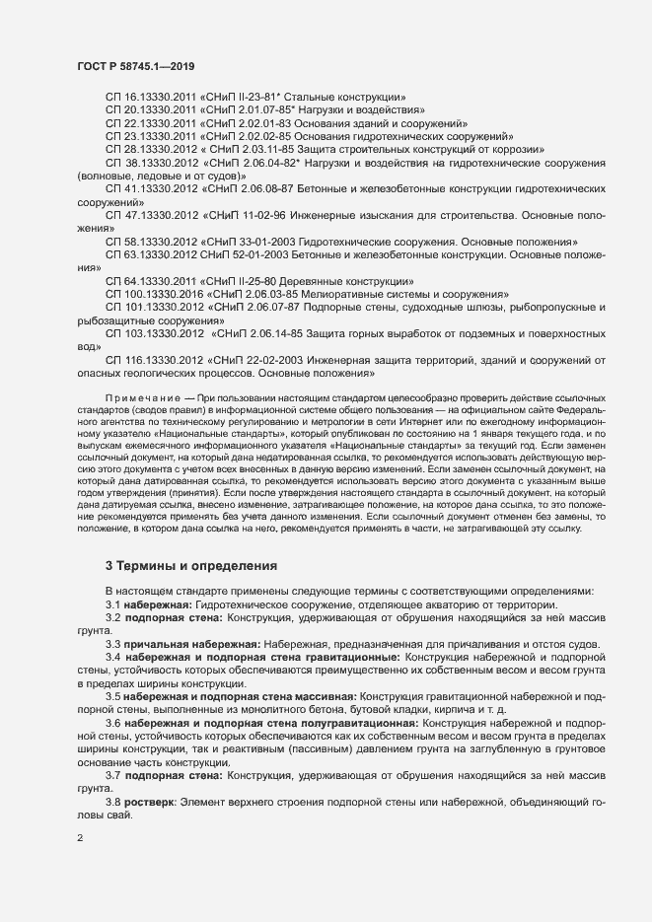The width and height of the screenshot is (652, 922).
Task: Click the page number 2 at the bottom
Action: pyautogui.click(x=80, y=839)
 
